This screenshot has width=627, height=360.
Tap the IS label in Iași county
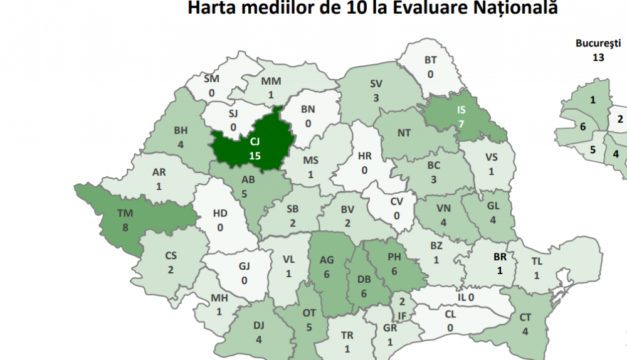[x=461, y=109]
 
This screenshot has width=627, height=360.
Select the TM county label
[x=125, y=214]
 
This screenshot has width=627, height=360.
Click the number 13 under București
[x=598, y=57]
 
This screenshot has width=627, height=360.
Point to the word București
[x=598, y=43]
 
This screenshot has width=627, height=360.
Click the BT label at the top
[x=430, y=60]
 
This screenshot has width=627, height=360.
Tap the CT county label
[x=525, y=317]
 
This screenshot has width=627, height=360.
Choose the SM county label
[x=211, y=80]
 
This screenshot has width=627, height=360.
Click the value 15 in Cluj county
[x=255, y=156]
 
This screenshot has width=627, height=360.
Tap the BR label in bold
[x=500, y=257]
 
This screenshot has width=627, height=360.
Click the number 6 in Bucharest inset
[x=582, y=126]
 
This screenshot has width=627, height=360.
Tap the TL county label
[x=537, y=262]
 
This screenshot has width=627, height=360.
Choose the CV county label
[x=397, y=201]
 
